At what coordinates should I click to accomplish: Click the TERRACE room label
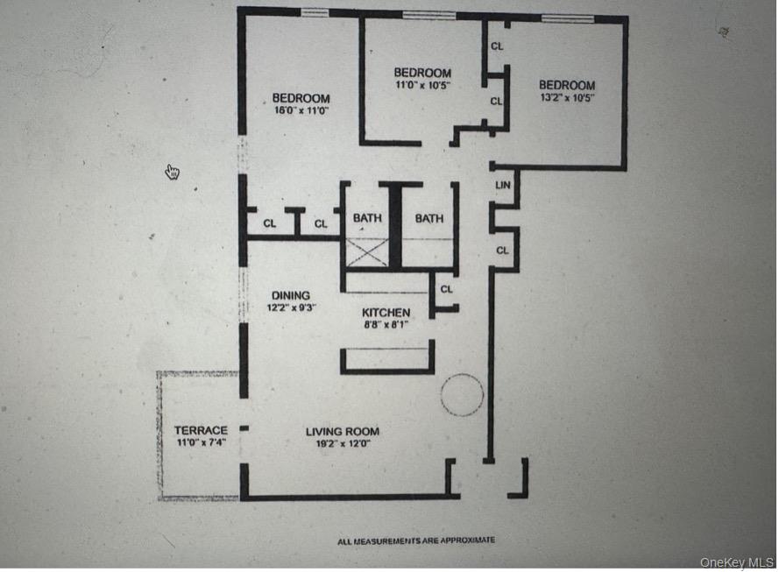tap(201, 430)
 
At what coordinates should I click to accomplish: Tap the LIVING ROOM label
tap(343, 431)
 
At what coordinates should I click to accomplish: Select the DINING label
tap(290, 295)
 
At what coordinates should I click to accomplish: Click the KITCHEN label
tap(386, 312)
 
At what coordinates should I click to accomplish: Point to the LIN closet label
tap(503, 185)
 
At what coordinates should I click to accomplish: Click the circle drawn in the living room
tap(462, 394)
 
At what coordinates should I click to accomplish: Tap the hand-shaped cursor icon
tap(173, 172)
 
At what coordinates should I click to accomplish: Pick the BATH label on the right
tap(429, 218)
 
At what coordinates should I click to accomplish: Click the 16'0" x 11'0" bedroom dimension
tap(301, 110)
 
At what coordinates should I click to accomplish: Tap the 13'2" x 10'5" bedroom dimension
tap(567, 98)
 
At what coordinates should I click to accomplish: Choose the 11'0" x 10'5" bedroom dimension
tap(421, 85)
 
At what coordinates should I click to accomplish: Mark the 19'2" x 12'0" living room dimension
tap(343, 443)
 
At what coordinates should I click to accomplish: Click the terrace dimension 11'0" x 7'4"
tap(201, 442)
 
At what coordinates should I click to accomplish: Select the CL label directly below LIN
tap(502, 250)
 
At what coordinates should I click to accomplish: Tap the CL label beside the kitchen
tap(446, 288)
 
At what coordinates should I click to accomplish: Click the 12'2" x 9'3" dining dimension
tap(290, 307)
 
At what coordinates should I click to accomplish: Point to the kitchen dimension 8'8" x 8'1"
tap(386, 324)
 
